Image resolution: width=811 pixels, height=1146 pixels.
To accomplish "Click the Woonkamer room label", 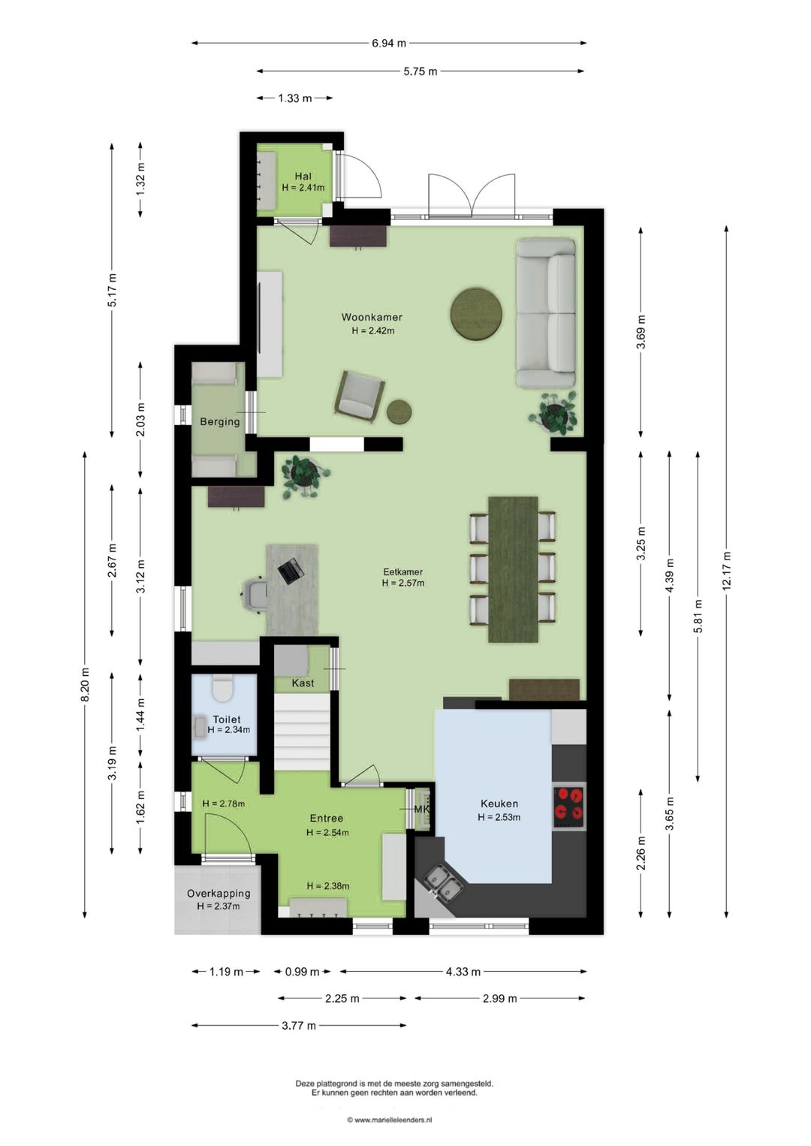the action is (x=372, y=317).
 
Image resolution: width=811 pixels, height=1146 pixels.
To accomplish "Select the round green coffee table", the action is (x=476, y=313).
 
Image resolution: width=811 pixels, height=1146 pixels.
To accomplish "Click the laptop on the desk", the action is (x=291, y=570).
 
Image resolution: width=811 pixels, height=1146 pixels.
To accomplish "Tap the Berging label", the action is (x=219, y=422).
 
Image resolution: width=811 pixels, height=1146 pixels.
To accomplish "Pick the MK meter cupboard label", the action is (x=422, y=810).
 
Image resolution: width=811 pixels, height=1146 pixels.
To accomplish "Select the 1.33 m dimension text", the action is (x=294, y=98).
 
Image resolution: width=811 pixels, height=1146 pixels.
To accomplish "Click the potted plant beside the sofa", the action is (x=553, y=412).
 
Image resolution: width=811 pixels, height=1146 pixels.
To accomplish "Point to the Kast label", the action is (x=303, y=683).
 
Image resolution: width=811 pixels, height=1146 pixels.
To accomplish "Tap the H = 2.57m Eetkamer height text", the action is (x=403, y=583).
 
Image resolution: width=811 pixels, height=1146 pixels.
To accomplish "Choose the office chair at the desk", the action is (x=254, y=594).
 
